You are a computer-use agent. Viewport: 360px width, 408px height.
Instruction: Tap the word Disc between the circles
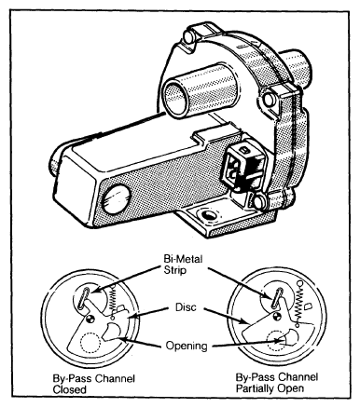186,307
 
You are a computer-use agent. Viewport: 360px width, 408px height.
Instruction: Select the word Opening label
187,346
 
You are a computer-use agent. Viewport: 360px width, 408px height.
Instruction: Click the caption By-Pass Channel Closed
93,384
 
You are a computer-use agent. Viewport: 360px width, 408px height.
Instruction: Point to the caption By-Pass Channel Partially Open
277,383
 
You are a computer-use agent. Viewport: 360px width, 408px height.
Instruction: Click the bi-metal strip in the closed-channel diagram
84,298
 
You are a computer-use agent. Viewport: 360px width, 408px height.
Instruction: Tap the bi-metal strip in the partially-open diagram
276,297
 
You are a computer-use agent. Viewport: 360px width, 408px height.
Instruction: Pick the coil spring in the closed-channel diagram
113,302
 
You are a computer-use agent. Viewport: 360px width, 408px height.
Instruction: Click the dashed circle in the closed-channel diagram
90,342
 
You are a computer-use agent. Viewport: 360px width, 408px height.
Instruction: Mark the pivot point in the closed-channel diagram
90,319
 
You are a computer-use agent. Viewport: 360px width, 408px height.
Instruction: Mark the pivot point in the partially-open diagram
276,317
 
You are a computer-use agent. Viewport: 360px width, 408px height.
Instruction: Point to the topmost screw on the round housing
188,37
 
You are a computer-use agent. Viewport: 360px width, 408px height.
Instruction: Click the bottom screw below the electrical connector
259,201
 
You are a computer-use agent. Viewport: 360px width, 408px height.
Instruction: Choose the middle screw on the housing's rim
269,100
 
